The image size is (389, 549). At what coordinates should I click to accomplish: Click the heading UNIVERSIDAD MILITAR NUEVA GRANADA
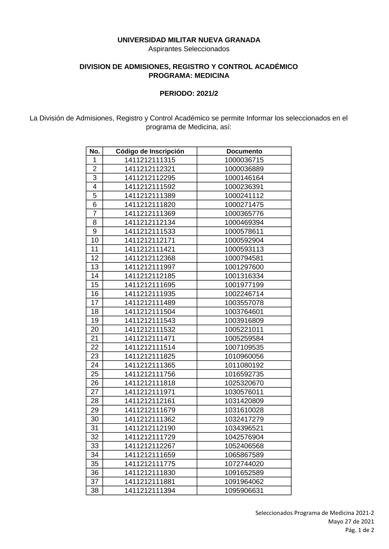click(189, 40)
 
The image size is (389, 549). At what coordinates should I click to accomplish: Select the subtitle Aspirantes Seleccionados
click(189, 49)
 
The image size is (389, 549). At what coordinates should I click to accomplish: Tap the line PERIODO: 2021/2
click(189, 94)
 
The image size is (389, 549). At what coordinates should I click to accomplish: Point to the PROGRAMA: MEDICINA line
click(189, 76)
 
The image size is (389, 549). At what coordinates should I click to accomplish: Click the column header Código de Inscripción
click(150, 151)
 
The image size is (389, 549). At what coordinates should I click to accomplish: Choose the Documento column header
click(244, 151)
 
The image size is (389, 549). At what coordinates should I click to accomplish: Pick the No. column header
click(95, 151)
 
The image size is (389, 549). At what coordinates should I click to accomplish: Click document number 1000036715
click(244, 160)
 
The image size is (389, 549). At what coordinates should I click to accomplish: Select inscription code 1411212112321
click(150, 169)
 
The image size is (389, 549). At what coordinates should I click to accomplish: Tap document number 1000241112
click(244, 196)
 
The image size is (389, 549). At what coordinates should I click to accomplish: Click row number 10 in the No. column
click(95, 240)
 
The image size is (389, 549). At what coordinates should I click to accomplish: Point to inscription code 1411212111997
click(150, 267)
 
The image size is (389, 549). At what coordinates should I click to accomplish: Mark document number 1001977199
click(244, 285)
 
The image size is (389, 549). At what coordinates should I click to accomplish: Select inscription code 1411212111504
click(150, 312)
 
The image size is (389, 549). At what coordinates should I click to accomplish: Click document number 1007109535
click(244, 347)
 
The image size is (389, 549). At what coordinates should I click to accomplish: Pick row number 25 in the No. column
click(95, 374)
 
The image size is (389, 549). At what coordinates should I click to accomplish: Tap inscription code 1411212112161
click(150, 401)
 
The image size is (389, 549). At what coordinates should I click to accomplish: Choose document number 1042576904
click(244, 437)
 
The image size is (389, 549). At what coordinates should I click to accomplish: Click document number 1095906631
click(244, 490)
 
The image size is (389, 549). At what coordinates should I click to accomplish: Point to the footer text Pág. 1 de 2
click(360, 530)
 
